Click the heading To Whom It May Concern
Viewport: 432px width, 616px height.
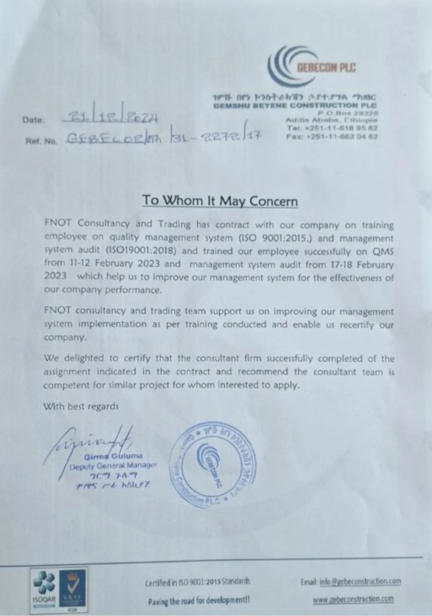click(220, 201)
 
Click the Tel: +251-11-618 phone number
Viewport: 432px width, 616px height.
click(332, 128)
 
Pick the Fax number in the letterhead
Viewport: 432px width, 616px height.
click(332, 136)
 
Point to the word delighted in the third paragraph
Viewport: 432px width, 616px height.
click(84, 359)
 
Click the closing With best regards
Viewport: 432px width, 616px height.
click(81, 406)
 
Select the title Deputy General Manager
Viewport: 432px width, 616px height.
click(113, 466)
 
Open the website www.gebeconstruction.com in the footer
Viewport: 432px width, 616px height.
click(353, 599)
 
